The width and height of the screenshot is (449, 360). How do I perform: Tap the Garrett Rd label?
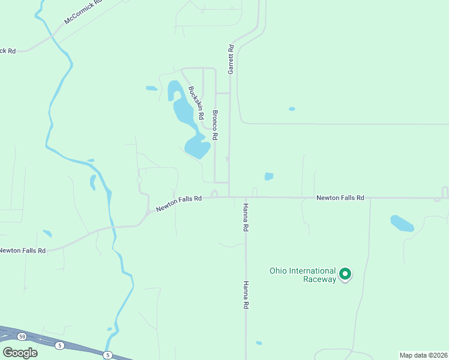230,59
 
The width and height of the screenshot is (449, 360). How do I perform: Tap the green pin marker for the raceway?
345,274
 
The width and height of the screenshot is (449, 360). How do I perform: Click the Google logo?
20,352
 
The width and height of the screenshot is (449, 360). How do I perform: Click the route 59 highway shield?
21,336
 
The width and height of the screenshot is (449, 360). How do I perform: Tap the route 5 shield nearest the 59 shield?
59,346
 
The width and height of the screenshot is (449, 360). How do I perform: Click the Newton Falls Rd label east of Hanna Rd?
340,197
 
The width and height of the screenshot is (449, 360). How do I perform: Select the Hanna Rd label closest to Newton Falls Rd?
246,217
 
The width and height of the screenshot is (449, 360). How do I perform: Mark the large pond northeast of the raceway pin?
402,223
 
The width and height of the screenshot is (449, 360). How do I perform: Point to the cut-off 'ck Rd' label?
8,50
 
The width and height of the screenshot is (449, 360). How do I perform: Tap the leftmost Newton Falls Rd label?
23,250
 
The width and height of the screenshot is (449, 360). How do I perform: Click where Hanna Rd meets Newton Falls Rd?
246,197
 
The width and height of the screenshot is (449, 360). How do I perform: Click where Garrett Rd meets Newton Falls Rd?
229,196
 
